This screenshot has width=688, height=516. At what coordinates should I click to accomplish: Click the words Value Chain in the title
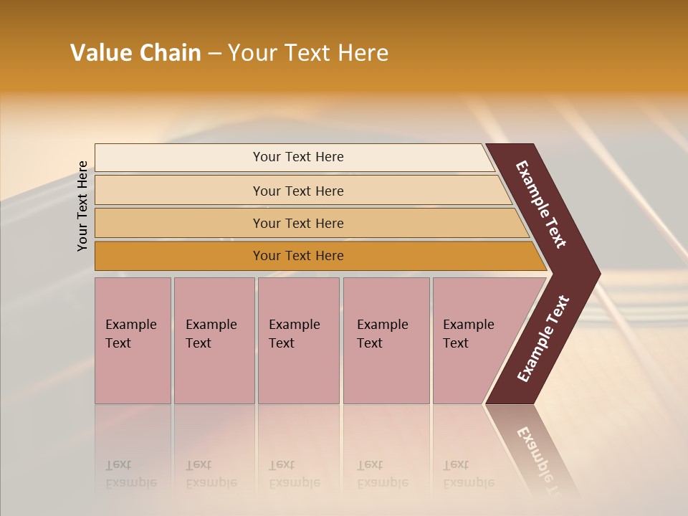click(x=135, y=53)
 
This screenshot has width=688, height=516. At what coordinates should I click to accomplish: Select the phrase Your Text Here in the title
click(x=308, y=53)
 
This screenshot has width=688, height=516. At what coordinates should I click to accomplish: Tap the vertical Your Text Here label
click(x=82, y=206)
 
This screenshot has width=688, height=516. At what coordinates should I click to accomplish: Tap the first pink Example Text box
click(x=133, y=340)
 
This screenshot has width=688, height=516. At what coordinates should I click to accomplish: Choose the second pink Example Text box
click(x=214, y=340)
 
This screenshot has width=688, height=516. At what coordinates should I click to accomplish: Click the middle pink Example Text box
click(x=298, y=340)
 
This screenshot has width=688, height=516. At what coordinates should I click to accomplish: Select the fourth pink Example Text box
click(x=386, y=340)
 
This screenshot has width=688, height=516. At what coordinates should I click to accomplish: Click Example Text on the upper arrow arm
click(x=541, y=204)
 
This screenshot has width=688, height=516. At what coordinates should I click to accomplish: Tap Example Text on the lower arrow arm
click(x=543, y=339)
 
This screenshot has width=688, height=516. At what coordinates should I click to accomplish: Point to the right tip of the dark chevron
click(x=598, y=273)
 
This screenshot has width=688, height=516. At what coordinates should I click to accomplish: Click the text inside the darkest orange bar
click(x=298, y=256)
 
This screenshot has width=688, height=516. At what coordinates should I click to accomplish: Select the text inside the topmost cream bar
click(x=298, y=157)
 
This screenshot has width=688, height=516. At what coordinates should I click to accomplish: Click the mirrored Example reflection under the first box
click(x=130, y=482)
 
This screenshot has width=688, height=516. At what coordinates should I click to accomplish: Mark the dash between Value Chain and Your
click(x=214, y=54)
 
